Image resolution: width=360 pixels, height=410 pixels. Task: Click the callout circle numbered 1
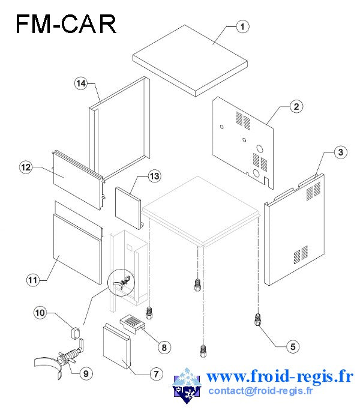click(x=242, y=26)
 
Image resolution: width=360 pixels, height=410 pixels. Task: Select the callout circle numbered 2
click(x=296, y=106)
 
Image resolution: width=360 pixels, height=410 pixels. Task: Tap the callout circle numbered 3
click(x=340, y=152)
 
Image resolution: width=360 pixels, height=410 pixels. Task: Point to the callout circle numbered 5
click(x=293, y=346)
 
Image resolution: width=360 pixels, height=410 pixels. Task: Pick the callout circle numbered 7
click(x=156, y=374)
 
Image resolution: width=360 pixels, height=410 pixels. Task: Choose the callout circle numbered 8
click(x=164, y=348)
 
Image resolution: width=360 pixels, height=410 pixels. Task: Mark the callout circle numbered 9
click(x=86, y=373)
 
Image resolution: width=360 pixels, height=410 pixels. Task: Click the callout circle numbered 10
click(x=40, y=313)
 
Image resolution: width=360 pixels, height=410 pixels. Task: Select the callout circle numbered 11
click(x=32, y=280)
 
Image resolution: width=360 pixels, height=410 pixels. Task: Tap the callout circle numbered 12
click(x=26, y=167)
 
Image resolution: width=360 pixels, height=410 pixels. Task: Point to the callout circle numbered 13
click(x=154, y=176)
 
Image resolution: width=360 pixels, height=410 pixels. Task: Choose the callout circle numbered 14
click(x=81, y=83)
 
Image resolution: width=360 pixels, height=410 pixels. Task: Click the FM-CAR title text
click(x=66, y=24)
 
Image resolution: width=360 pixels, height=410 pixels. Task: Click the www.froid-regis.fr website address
click(x=280, y=376)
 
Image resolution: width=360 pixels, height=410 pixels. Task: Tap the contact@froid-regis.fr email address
click(x=260, y=391)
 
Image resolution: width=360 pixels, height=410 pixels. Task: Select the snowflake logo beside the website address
click(x=187, y=385)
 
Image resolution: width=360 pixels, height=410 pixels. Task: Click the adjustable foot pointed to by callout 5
click(x=257, y=319)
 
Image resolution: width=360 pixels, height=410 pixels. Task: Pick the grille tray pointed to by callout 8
click(x=132, y=324)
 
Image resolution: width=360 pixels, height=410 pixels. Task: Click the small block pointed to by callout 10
click(x=76, y=333)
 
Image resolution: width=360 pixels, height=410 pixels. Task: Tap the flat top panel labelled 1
click(x=190, y=61)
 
